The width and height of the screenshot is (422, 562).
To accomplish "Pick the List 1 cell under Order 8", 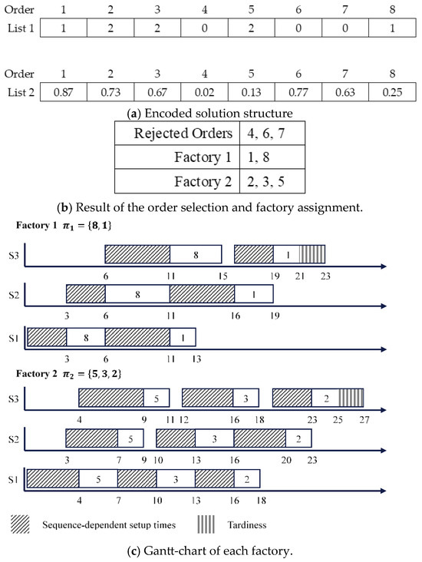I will (x=391, y=28).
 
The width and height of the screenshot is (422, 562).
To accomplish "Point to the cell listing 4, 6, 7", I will (x=258, y=133).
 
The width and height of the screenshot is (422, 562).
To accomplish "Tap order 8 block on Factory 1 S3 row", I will (x=196, y=255).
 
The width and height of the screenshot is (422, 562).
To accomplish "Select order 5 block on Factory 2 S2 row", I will (x=130, y=438).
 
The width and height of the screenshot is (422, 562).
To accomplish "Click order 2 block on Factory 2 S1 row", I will (x=247, y=479).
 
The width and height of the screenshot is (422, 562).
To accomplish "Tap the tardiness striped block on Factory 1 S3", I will (x=312, y=255).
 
